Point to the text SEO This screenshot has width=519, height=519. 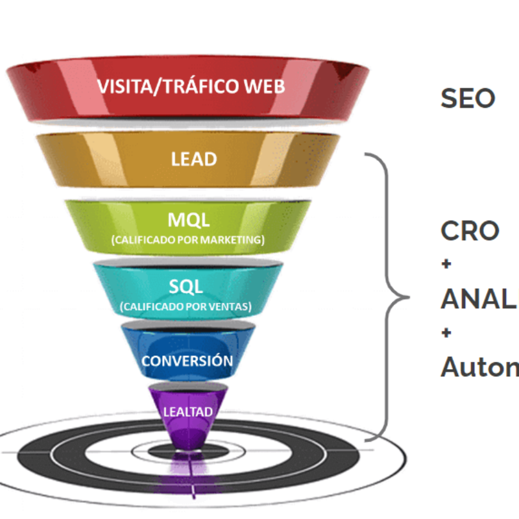[468, 99]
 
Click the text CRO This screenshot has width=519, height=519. [470, 231]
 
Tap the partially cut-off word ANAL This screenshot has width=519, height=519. [479, 298]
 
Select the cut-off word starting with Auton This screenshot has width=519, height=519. [479, 367]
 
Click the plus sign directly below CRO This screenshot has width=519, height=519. [446, 265]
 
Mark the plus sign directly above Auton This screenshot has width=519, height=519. [446, 333]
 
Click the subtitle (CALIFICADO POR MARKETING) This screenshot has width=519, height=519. [187, 240]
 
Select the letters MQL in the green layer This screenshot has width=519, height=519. [188, 220]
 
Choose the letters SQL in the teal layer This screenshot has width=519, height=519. [187, 287]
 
